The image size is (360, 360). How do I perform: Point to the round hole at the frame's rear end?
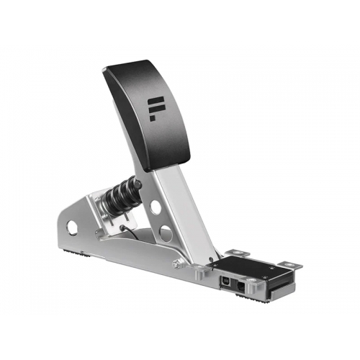[x=72, y=228]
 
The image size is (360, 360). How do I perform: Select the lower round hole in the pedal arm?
[x=166, y=233]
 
